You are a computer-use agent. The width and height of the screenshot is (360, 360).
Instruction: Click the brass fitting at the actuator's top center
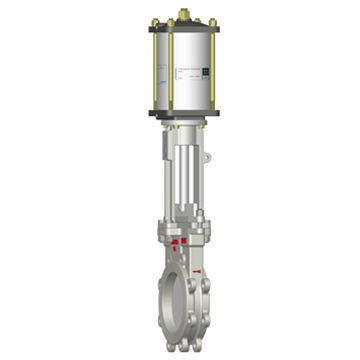[x=182, y=14]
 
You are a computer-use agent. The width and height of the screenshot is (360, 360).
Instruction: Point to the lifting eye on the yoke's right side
[x=206, y=158]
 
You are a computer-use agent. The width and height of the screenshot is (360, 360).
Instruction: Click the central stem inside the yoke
[x=183, y=170]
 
